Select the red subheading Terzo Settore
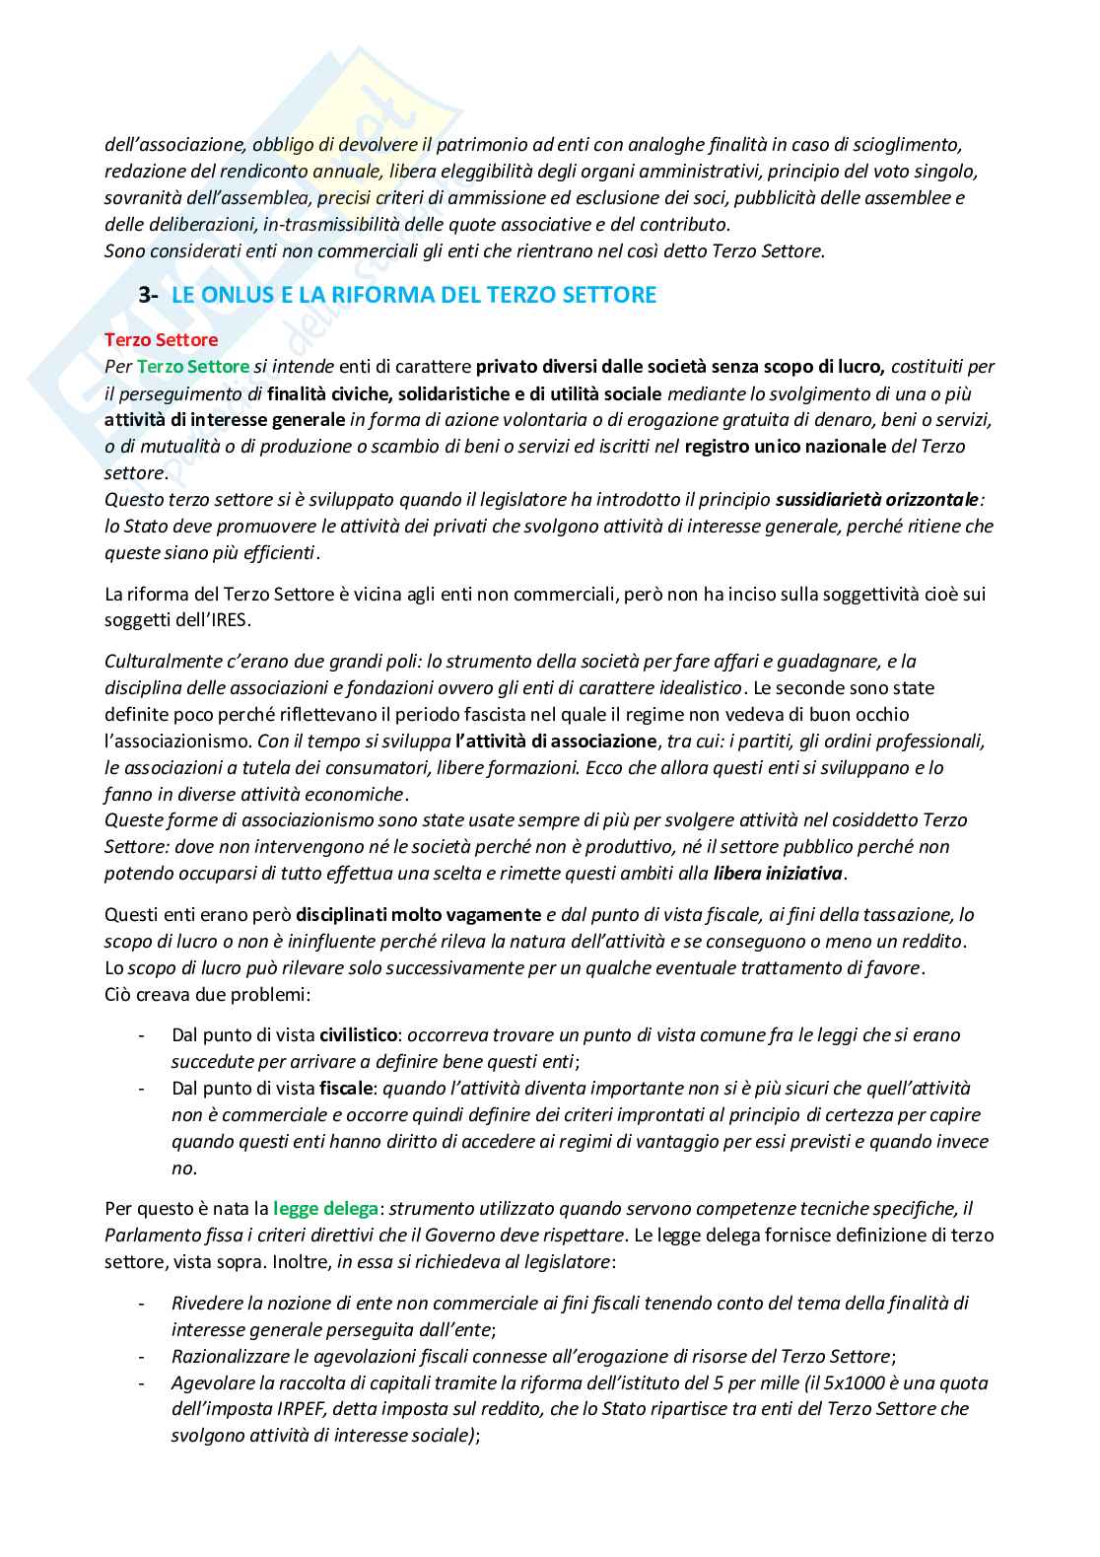pyautogui.click(x=162, y=340)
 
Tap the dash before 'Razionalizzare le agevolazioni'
pyautogui.click(x=144, y=1356)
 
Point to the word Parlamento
pyautogui.click(x=148, y=1235)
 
